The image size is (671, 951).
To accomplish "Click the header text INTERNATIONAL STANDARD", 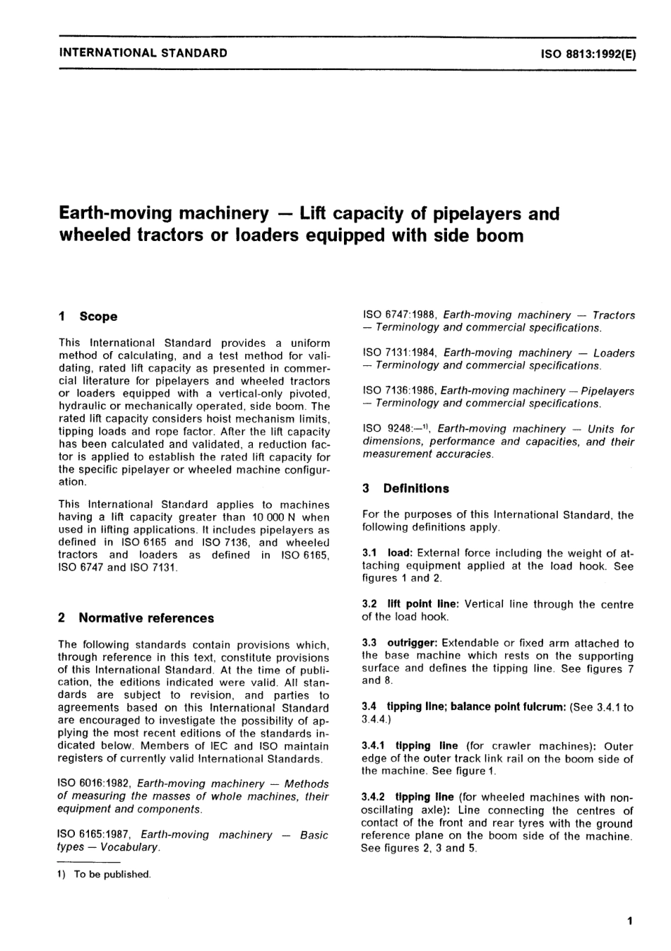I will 143,52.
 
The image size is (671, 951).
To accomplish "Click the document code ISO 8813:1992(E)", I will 588,53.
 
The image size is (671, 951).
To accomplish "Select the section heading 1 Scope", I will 89,317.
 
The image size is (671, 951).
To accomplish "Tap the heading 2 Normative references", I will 136,618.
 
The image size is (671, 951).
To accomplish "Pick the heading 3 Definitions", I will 405,488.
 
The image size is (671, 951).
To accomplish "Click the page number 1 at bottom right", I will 629,921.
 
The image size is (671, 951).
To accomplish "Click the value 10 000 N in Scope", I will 277,518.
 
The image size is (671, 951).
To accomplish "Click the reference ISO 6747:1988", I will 399,315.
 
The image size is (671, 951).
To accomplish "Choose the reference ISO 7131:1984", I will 399,353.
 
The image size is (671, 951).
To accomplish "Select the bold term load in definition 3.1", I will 400,553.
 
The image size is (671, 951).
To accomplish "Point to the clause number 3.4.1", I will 374,746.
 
